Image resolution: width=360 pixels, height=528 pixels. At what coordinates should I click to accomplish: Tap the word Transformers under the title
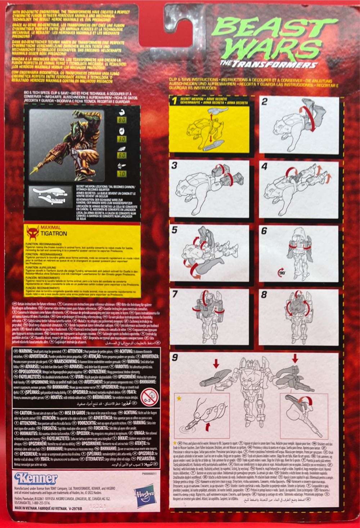[285, 65]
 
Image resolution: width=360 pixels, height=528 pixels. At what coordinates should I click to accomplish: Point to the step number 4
[265, 167]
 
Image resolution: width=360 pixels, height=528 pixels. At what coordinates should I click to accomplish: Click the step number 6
[265, 231]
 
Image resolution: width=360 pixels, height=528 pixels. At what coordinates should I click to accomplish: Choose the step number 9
[175, 357]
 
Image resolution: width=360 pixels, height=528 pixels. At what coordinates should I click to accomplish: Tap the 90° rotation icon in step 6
[281, 272]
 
